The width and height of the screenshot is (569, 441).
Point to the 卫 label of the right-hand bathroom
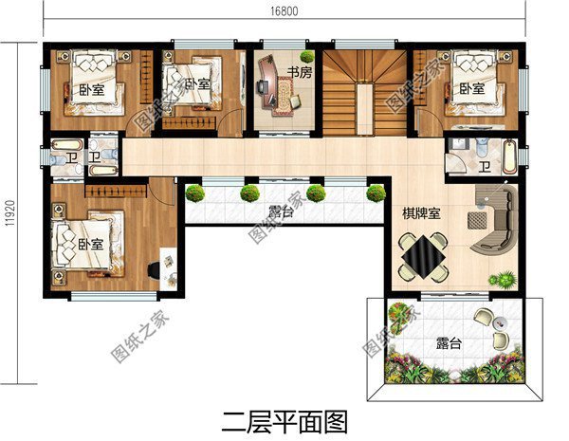(484, 168)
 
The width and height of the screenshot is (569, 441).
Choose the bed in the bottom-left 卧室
(87, 242)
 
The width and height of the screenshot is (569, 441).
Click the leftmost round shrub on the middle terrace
(195, 193)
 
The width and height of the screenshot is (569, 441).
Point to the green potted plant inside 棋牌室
(503, 280)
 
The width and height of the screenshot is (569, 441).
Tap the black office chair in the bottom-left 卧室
(155, 270)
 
